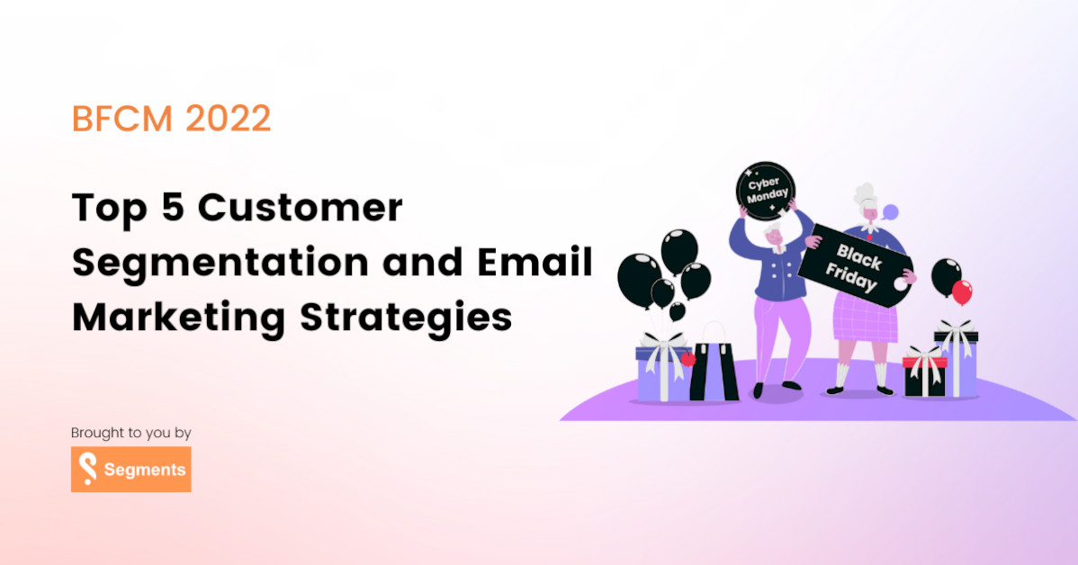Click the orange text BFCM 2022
tap(171, 119)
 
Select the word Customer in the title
tap(300, 209)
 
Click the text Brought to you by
tap(131, 433)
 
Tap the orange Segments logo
tap(131, 470)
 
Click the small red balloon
tap(962, 291)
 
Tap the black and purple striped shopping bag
tap(714, 370)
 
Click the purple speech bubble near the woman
tap(890, 213)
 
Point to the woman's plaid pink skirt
tap(864, 315)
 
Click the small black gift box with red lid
tap(924, 372)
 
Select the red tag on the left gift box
tap(688, 358)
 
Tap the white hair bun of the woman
tap(865, 193)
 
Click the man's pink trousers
tap(777, 324)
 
